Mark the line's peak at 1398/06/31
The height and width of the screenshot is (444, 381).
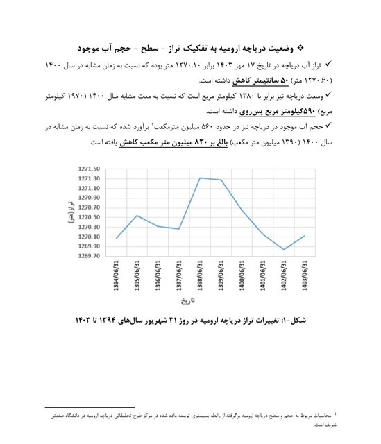pos(201,178)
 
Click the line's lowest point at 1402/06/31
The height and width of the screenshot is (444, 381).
pos(284,249)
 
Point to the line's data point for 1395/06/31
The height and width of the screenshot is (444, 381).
pos(137,215)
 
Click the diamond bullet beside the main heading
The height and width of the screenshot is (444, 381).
pos(300,46)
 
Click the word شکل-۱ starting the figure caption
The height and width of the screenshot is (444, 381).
pos(298,321)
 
